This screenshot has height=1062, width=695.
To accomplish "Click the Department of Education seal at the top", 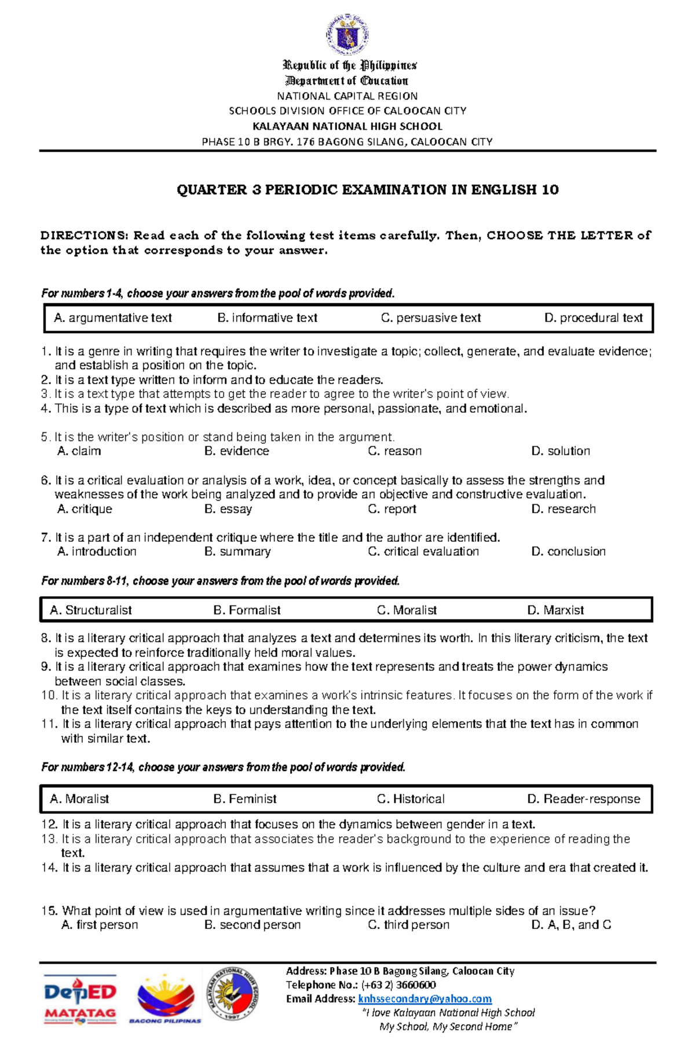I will pyautogui.click(x=347, y=35).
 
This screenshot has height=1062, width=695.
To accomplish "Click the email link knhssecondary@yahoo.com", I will pyautogui.click(x=425, y=999).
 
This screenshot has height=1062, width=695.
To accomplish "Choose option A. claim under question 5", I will pyautogui.click(x=79, y=451).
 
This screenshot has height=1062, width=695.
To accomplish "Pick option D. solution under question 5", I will pyautogui.click(x=560, y=451).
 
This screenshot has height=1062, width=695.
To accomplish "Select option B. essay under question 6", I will pyautogui.click(x=228, y=509).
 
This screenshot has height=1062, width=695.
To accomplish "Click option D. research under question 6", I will pyautogui.click(x=563, y=509).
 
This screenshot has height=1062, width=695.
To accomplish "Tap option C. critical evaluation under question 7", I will pyautogui.click(x=423, y=552).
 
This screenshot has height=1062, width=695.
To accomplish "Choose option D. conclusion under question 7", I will pyautogui.click(x=568, y=552).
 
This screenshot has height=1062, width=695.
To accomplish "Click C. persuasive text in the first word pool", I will pyautogui.click(x=431, y=318).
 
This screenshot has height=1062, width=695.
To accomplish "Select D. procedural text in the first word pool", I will pyautogui.click(x=593, y=318).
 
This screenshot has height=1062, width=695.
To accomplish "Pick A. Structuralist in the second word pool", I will pyautogui.click(x=91, y=610).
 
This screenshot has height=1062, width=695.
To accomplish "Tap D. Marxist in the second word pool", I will pyautogui.click(x=555, y=610).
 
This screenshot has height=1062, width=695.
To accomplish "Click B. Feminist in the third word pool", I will pyautogui.click(x=245, y=799).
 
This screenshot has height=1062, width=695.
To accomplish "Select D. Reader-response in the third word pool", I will pyautogui.click(x=583, y=799).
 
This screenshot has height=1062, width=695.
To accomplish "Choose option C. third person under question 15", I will pyautogui.click(x=408, y=925).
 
